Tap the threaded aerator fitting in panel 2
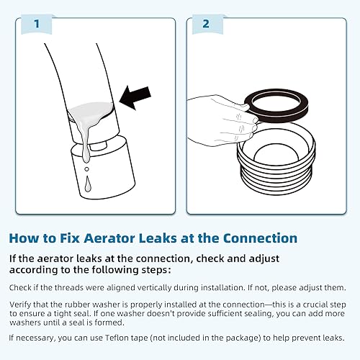[277, 166]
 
